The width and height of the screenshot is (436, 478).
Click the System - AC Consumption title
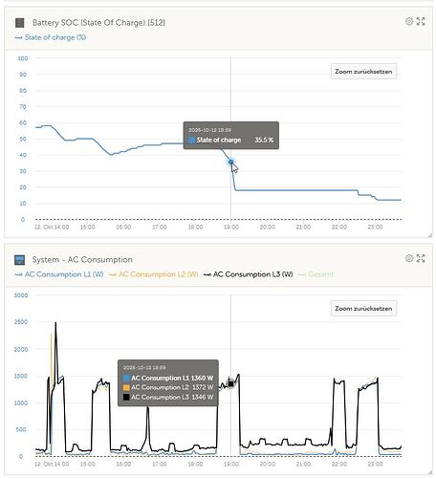[x=82, y=259]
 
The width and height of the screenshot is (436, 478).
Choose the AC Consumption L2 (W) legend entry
[x=157, y=274]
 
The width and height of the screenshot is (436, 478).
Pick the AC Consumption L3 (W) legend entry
[x=253, y=274]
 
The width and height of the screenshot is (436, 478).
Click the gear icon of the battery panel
[x=409, y=20]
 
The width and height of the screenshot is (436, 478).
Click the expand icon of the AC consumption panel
[x=422, y=259]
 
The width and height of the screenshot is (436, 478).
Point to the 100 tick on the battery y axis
[x=23, y=58]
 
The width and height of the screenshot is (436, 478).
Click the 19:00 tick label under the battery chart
[x=230, y=228]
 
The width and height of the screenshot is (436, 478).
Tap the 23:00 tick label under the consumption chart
[x=375, y=465]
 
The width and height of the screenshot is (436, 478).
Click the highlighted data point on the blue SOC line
[x=230, y=163]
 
